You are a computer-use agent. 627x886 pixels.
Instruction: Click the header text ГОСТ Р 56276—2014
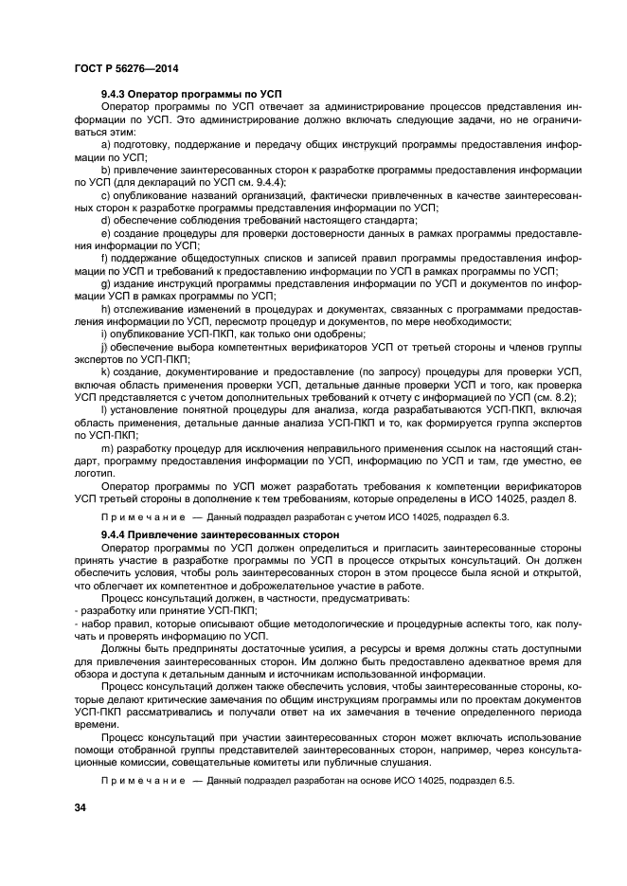pos(126,69)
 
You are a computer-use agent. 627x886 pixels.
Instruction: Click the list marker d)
pos(106,219)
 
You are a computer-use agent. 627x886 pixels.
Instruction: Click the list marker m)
pos(107,446)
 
